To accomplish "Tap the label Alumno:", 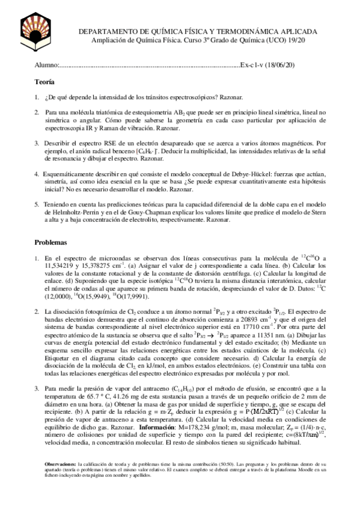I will coord(46,64).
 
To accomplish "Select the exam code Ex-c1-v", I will coord(251,64).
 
